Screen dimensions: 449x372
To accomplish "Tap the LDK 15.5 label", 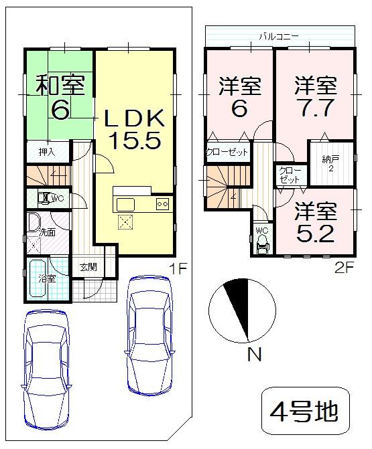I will click(x=133, y=130).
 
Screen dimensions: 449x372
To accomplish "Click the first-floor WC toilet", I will click(x=44, y=198).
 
